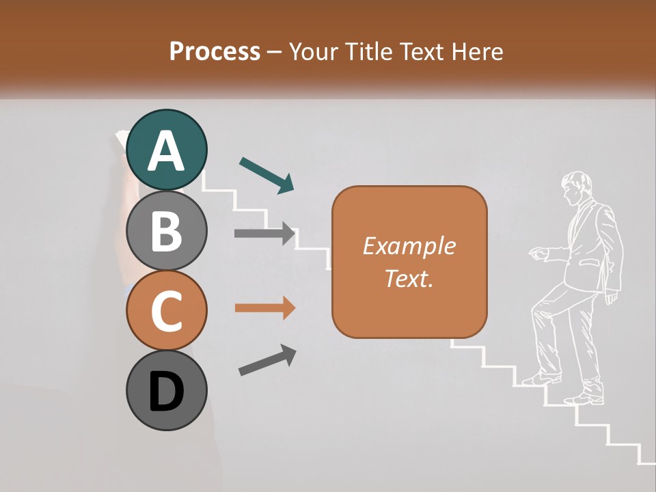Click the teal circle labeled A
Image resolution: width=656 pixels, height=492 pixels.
166,150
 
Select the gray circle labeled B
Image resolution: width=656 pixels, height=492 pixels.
166,230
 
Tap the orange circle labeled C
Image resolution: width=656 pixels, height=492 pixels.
166,310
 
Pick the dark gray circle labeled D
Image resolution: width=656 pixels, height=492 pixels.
166,390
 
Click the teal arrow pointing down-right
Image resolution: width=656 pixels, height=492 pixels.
267,175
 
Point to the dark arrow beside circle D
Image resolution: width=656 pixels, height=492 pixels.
267,360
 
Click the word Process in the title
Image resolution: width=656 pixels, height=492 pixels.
215,51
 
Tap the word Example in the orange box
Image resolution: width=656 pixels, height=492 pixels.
409,246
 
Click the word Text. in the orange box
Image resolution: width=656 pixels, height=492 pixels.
409,278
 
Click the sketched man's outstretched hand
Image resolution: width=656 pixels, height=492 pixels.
538,254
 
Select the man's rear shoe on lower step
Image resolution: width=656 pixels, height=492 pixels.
586,398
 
